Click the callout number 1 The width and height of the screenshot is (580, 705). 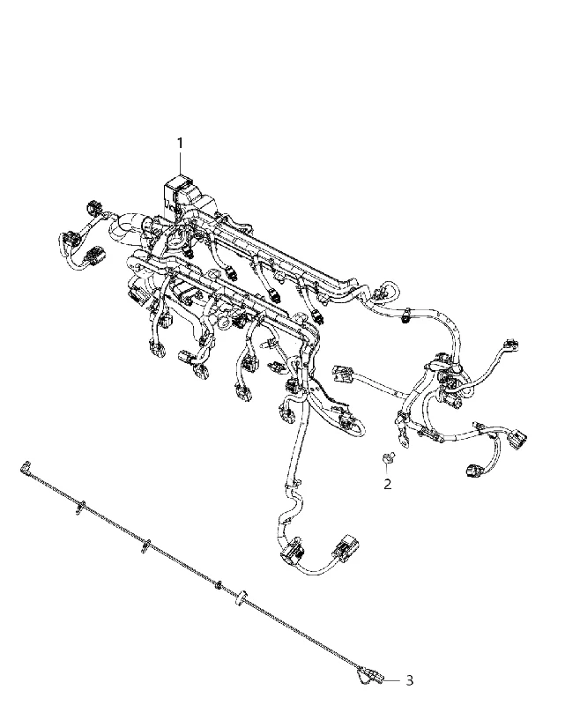[x=180, y=144]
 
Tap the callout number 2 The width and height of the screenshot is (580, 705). [x=387, y=484]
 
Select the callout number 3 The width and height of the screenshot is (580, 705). [x=409, y=680]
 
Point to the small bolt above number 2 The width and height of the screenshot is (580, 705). [x=387, y=458]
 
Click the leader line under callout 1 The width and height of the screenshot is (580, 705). [x=181, y=163]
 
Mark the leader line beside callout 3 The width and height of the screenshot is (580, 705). [x=391, y=680]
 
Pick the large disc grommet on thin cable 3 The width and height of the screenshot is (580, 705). [x=242, y=597]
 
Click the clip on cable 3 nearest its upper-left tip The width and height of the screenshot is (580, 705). [x=80, y=506]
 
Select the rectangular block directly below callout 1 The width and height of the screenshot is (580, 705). [x=177, y=189]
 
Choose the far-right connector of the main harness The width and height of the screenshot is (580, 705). [x=517, y=438]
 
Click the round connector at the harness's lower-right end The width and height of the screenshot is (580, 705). [x=473, y=471]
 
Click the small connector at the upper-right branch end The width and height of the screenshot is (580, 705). [x=512, y=345]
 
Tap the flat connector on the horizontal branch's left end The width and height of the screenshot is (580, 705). [x=343, y=374]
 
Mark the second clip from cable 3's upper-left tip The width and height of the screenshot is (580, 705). [x=145, y=545]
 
